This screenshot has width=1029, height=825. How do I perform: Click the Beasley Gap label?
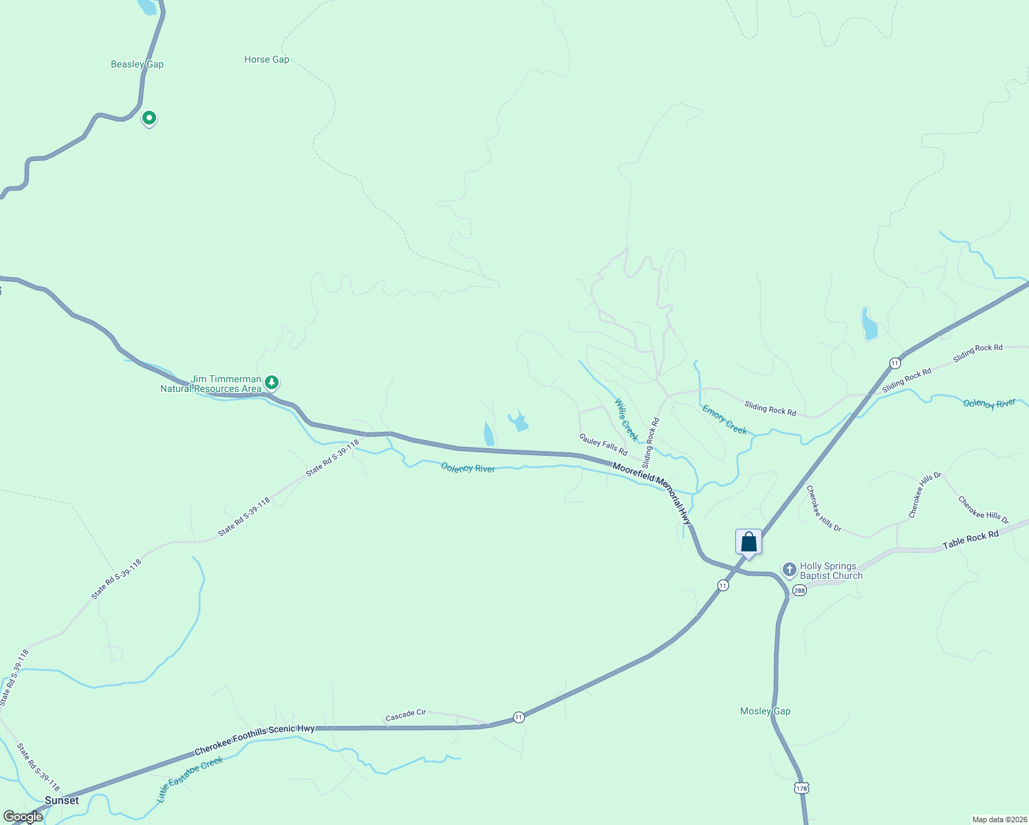tap(137, 64)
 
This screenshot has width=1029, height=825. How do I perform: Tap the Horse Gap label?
tap(267, 60)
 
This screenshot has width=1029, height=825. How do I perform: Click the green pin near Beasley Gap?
tap(149, 118)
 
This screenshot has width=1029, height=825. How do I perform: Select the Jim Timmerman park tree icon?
tap(272, 382)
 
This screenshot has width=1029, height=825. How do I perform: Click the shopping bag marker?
tap(748, 542)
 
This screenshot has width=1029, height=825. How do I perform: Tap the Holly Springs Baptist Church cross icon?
tap(789, 570)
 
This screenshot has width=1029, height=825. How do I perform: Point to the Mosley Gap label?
tap(765, 711)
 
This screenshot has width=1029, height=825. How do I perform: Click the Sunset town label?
tap(62, 800)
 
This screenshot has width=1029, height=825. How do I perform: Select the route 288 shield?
tap(799, 591)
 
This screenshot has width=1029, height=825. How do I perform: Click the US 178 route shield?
tap(801, 788)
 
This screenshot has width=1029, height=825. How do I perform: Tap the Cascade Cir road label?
tap(406, 716)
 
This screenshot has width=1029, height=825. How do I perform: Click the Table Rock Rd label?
tap(970, 540)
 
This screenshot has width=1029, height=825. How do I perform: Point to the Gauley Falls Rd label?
tap(603, 445)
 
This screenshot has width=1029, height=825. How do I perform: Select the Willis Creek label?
tap(627, 419)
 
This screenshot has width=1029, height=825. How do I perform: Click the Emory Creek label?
tap(724, 419)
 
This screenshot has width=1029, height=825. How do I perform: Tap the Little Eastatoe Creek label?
tap(190, 780)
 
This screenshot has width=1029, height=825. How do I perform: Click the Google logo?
tap(23, 817)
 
